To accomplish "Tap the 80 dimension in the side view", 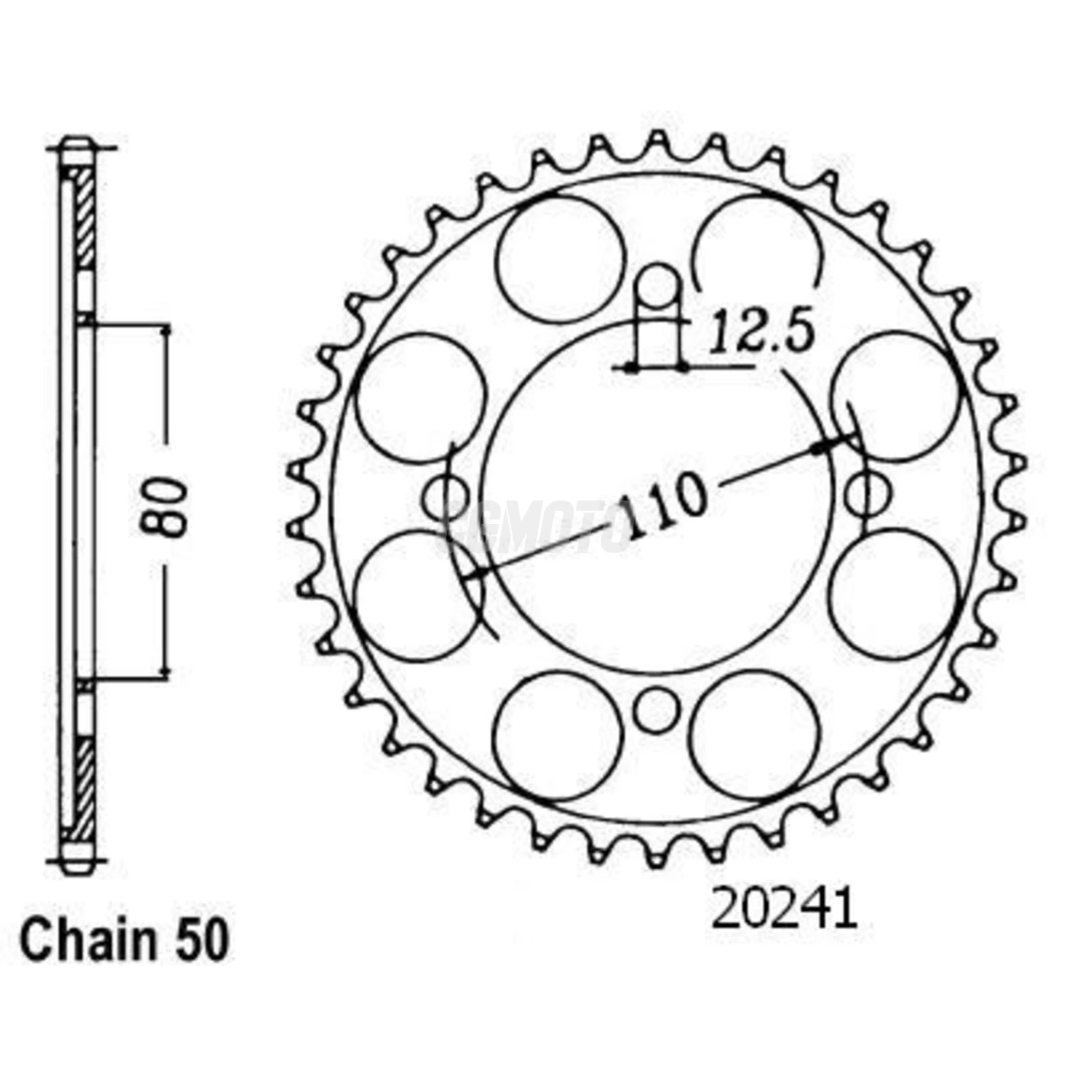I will coord(165,507).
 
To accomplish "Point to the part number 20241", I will coord(784,910).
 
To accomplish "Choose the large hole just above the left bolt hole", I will coord(421,397).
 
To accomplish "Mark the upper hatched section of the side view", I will coord(86,217).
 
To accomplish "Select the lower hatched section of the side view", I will coord(86,786).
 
